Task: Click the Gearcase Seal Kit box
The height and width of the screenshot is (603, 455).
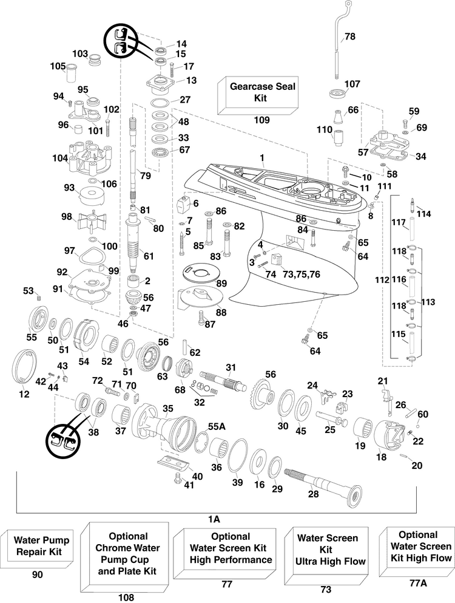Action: tap(258, 95)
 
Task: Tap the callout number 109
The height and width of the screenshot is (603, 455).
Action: tap(261, 120)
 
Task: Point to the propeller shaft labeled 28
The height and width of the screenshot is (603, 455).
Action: tap(323, 485)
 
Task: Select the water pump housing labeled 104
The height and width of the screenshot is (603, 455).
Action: tap(90, 158)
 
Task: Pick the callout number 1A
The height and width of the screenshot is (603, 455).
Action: tap(214, 519)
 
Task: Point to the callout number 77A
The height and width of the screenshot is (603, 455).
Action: tap(419, 584)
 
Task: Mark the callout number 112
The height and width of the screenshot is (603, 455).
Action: tap(382, 279)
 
